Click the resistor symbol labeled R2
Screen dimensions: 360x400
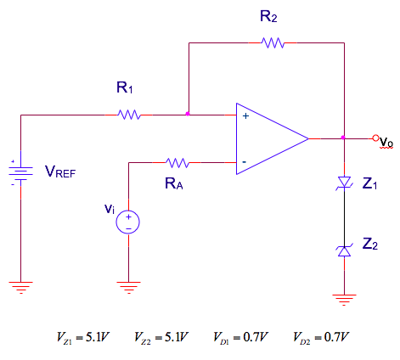tap(273, 42)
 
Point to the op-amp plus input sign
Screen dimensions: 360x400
tap(245, 117)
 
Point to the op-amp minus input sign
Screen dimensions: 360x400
tap(245, 160)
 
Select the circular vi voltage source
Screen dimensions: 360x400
tap(128, 222)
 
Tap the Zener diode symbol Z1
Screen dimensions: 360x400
tap(343, 183)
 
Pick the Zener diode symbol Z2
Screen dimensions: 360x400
tap(343, 248)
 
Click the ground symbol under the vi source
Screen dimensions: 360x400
tap(128, 285)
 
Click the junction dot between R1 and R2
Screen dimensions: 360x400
tap(188, 113)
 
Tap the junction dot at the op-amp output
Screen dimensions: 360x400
tap(342, 137)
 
